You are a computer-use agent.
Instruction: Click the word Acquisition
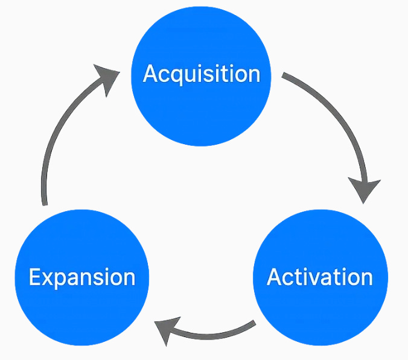coord(202,74)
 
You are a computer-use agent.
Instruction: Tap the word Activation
coord(320,277)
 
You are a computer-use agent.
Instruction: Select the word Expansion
coord(82,277)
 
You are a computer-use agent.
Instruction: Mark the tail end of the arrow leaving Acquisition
coord(285,77)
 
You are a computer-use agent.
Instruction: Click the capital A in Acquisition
coord(151,74)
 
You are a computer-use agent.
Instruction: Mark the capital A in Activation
coord(275,277)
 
